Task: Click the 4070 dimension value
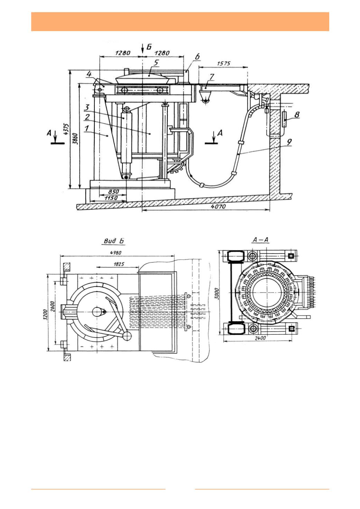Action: point(218,206)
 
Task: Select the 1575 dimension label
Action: point(224,64)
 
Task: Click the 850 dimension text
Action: point(113,192)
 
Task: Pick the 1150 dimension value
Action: point(111,198)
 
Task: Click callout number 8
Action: point(297,115)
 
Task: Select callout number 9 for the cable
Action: point(289,142)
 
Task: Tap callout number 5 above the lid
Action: point(156,63)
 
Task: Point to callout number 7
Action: point(212,77)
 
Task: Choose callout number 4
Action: point(89,74)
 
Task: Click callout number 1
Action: point(86,128)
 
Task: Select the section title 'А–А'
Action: point(261,240)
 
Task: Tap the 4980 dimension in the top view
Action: point(116,253)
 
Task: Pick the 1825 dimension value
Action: point(119,264)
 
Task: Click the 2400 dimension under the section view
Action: point(260,338)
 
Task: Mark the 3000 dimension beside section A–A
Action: point(217,294)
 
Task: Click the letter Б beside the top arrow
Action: point(149,47)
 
